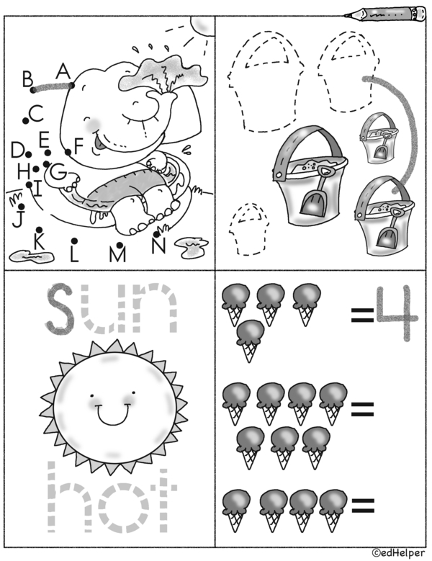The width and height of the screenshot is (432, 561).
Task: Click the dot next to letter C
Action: click(25, 121)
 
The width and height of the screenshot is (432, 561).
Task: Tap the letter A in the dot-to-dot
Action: click(63, 71)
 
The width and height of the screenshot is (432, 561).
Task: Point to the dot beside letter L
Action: click(74, 241)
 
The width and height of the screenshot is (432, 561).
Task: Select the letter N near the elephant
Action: click(158, 246)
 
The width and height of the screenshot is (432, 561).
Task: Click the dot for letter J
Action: click(21, 207)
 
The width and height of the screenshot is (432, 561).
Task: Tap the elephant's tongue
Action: click(98, 144)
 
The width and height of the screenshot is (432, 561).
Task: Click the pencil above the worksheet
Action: click(384, 14)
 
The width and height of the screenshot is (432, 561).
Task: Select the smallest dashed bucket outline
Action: click(248, 229)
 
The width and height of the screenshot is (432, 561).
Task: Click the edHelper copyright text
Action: click(398, 553)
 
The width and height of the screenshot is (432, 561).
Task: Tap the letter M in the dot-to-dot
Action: click(117, 254)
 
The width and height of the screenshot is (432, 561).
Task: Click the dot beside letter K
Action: click(40, 230)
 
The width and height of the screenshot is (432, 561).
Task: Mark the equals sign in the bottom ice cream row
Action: click(363, 505)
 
